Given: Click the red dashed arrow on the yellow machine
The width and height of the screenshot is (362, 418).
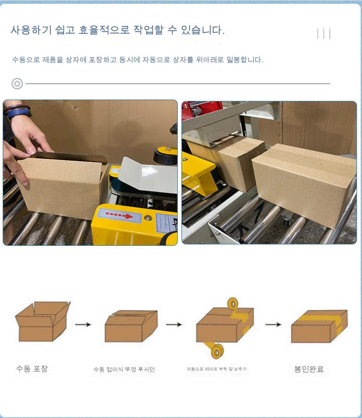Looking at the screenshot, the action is (x=119, y=215).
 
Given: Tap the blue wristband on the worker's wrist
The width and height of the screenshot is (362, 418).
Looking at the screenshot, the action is (x=18, y=112).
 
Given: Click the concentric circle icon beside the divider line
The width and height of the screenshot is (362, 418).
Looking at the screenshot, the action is (x=17, y=84).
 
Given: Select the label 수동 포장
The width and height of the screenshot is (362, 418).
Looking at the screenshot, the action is (x=32, y=369).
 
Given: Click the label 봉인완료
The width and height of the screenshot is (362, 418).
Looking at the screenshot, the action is (x=309, y=369).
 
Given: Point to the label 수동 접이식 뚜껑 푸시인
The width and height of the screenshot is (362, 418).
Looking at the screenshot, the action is (x=124, y=369).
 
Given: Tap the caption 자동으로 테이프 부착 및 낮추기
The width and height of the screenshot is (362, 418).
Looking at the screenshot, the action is (x=216, y=369).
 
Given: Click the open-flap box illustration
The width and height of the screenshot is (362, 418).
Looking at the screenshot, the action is (x=43, y=321).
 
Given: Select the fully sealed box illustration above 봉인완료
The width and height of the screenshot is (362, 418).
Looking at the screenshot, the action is (x=319, y=326).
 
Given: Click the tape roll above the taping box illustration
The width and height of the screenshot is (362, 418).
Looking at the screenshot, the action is (x=233, y=304).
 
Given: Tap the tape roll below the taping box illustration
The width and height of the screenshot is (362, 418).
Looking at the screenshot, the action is (x=217, y=351).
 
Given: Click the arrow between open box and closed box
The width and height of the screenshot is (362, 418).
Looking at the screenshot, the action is (x=83, y=324).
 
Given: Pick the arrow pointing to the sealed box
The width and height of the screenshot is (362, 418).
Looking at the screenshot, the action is (x=273, y=324).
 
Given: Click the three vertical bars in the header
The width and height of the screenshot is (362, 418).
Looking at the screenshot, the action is (x=324, y=34).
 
